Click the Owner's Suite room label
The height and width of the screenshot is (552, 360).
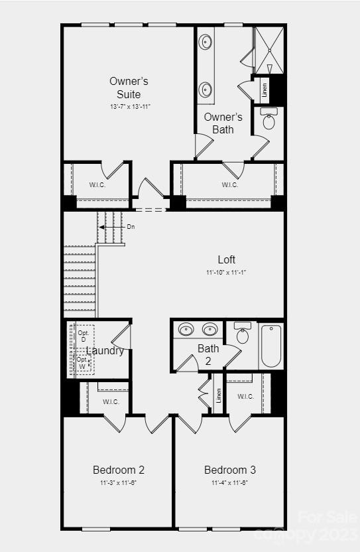pos(129,88)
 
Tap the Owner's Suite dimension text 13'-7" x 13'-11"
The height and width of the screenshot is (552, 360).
pos(129,106)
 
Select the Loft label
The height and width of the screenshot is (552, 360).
pos(226,259)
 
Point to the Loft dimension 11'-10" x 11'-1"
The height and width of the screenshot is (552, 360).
pos(226,272)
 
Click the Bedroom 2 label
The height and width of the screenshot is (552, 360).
pos(119,470)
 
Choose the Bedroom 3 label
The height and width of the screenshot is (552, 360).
pos(230,470)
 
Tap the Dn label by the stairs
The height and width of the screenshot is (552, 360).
pos(131,227)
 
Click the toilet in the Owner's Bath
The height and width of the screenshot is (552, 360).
pos(269,121)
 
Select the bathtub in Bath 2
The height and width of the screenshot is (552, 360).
pos(271,345)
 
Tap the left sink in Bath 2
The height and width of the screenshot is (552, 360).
pos(186,329)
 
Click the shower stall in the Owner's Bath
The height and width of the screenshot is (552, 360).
pos(269,50)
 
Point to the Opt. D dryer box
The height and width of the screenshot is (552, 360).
pos(84,336)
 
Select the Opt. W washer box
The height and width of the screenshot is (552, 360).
pos(83,362)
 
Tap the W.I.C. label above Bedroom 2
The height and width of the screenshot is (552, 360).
pos(111,401)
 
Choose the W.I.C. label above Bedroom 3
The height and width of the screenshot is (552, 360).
pos(245,397)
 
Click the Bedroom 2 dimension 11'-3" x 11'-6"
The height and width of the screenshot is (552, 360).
pos(119,482)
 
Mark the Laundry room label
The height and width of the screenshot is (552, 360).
pos(105,351)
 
